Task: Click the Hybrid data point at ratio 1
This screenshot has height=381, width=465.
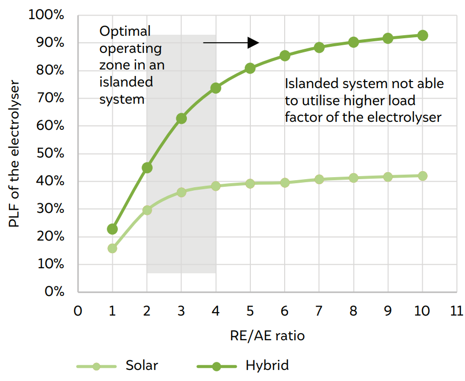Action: tap(112, 229)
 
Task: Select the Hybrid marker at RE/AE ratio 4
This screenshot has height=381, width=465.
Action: tap(216, 88)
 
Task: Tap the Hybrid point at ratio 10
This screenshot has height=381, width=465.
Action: tap(423, 35)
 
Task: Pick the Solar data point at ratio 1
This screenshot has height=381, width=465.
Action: tap(112, 248)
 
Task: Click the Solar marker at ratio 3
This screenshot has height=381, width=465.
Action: tap(181, 192)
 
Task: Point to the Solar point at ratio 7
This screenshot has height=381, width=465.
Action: tap(319, 179)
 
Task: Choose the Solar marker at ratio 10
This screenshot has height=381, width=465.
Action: tap(423, 176)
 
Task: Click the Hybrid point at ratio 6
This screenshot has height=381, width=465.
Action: tap(285, 55)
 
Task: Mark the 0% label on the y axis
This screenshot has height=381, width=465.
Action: tap(54, 292)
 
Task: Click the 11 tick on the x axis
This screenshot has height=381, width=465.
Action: tap(456, 311)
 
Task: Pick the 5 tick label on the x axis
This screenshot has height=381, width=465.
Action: tap(250, 311)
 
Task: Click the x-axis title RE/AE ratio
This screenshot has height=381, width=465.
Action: tap(268, 335)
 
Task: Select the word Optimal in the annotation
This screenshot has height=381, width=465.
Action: tap(125, 31)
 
